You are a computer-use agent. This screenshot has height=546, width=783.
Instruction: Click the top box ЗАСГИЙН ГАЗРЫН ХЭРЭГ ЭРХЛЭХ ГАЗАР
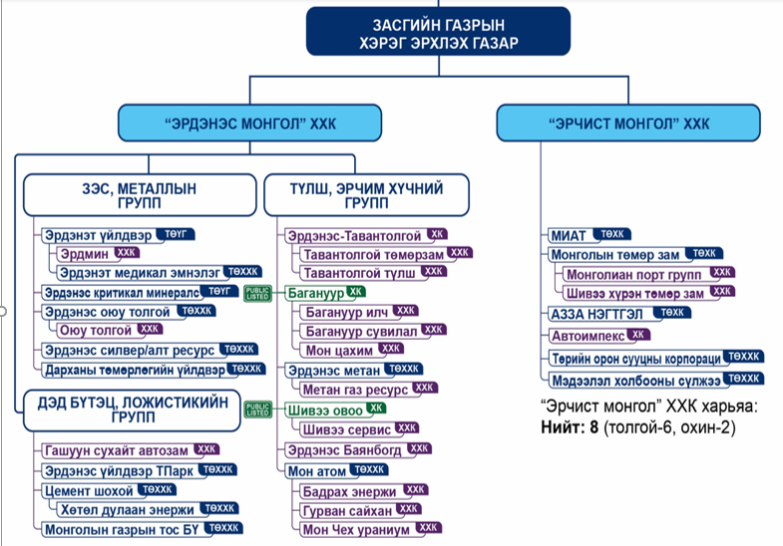(x=438, y=30)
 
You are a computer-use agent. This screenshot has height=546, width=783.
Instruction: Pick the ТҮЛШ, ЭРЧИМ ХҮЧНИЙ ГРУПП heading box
(x=365, y=194)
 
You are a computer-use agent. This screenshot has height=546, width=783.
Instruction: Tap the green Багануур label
(x=313, y=293)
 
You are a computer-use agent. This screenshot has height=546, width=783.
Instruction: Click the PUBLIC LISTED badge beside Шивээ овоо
(x=258, y=409)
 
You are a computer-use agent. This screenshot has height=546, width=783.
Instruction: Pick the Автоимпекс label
(x=587, y=336)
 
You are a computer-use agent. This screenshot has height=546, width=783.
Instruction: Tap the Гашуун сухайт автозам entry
(x=117, y=450)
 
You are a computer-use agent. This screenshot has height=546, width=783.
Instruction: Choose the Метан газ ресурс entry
(x=354, y=388)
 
